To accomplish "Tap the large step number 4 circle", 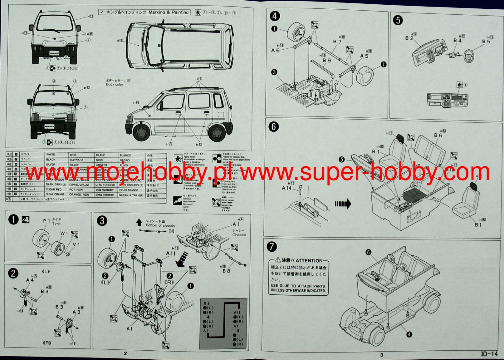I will pos(275,16).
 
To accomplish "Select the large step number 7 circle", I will pos(272,247).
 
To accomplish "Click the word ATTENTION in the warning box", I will pos(309,260).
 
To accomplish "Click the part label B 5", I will pos(486,42).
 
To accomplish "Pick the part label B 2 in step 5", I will pos(409,38).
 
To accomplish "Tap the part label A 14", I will pos(286,188).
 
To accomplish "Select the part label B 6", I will pos(438,136).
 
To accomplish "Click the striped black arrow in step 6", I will pos(343,204).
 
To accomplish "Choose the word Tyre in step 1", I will pos(56,224).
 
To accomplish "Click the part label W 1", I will pos(64,233).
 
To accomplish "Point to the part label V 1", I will pos(76,244).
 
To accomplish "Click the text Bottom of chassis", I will pos(160,225).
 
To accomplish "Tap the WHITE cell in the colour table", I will pos(50,155).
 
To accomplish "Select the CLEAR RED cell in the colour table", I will pos(53,190).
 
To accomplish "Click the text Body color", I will pos(114,84).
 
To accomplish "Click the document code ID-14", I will pos(489,354).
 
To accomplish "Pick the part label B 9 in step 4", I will pos(326,60).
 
